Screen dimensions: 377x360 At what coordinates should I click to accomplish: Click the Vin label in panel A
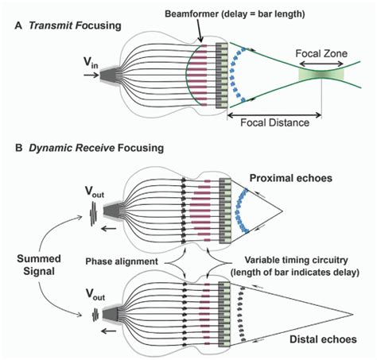[91, 64]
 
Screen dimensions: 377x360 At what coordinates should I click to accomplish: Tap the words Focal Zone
[321, 53]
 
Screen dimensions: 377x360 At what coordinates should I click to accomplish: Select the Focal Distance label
[274, 122]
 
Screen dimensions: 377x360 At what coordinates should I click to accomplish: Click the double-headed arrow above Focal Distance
[274, 115]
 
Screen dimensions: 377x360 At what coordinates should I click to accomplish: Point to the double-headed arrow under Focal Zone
[321, 64]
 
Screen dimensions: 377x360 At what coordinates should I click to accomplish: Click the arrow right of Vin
[91, 75]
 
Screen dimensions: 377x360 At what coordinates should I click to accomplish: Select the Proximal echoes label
[291, 178]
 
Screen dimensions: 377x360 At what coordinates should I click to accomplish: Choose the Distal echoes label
[323, 339]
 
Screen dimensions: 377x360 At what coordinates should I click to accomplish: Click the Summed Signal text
[39, 265]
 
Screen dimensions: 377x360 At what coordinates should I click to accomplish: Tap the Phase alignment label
[122, 261]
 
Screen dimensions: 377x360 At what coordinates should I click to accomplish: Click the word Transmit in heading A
[51, 25]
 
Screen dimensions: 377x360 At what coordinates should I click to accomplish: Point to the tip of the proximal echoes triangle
[282, 211]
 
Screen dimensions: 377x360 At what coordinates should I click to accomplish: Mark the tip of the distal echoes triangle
[353, 315]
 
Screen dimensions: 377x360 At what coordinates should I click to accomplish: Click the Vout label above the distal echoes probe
[95, 295]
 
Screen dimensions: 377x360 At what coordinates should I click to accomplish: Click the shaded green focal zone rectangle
[321, 75]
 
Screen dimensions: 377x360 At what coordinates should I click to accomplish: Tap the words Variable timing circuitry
[296, 260]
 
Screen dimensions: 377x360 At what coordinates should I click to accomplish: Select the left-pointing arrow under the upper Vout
[109, 229]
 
